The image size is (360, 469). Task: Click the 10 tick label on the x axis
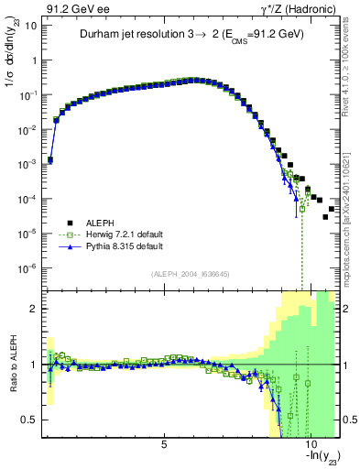click(310, 444)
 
